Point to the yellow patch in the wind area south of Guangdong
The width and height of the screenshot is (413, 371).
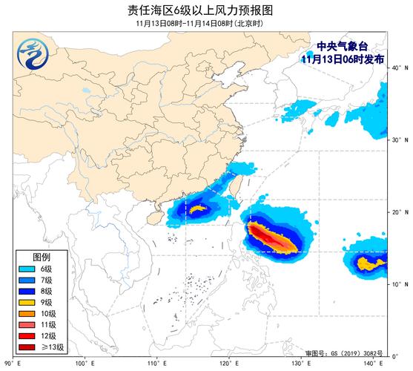click(x=196, y=209)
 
